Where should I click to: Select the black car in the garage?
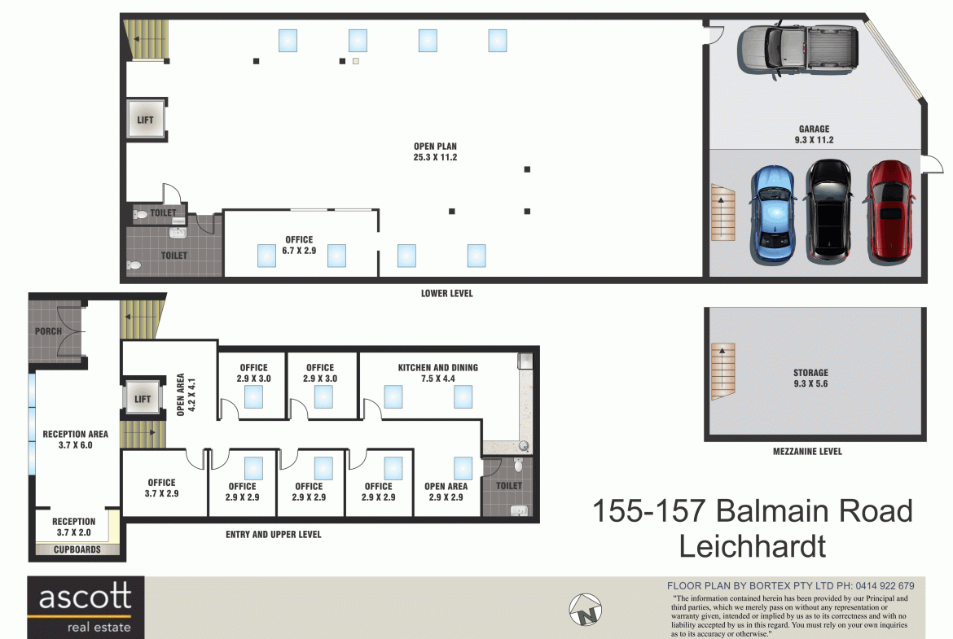point(828,210)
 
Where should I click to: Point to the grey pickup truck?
point(798,49)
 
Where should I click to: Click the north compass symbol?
point(586,609)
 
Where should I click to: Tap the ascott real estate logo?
point(86,606)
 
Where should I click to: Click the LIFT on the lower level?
point(145,120)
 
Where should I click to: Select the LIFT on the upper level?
point(143,399)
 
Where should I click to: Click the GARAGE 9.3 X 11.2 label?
point(814,134)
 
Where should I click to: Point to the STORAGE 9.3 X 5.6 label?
point(810,378)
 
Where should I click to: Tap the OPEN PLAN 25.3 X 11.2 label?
point(435,152)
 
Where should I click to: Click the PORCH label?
point(48,331)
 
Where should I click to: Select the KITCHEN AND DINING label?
point(437,367)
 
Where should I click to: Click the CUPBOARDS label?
point(77,549)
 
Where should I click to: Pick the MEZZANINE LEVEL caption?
point(807,451)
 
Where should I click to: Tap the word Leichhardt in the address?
point(752,546)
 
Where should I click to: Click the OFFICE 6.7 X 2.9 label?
point(299,245)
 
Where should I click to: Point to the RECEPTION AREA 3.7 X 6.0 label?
point(76,440)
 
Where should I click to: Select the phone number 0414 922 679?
point(885,586)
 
